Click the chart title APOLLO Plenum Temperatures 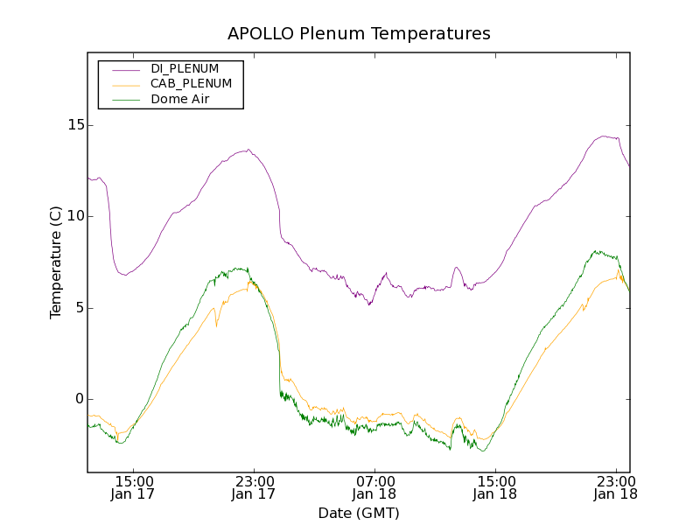[359, 34]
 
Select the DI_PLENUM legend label [185, 68]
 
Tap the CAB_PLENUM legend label [191, 84]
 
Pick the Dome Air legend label [180, 100]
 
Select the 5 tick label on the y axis [77, 308]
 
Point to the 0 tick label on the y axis [77, 399]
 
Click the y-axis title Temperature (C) [56, 262]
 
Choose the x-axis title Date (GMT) [359, 513]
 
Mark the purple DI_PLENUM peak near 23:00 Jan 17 [248, 150]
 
